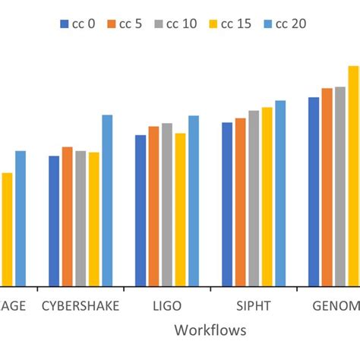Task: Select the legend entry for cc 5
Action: pos(127,24)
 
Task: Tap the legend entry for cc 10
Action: pos(178,24)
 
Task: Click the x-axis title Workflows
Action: pos(210,330)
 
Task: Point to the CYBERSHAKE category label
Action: pos(80,306)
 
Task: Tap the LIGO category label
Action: pos(167,306)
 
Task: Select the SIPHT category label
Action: pos(253,306)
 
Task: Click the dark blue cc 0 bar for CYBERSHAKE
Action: pos(54,221)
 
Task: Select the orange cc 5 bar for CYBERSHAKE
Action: pos(68,216)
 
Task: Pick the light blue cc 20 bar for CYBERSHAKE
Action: pos(107,201)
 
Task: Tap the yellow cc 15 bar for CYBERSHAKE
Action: pos(94,219)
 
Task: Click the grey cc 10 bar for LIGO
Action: pos(167,204)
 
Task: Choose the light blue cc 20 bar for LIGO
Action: pos(194,201)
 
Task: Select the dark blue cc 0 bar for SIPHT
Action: pos(227,204)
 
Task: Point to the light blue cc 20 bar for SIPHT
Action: pos(280,193)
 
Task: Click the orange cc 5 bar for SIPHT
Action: pos(240,202)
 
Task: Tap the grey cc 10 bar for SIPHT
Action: pos(254,198)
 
